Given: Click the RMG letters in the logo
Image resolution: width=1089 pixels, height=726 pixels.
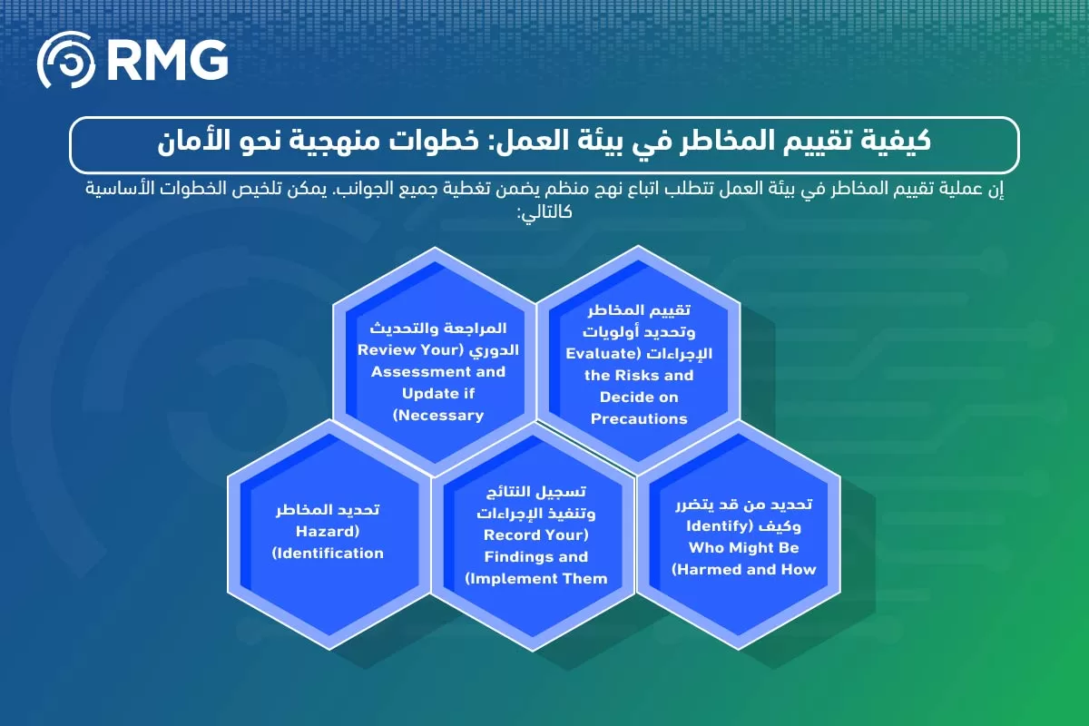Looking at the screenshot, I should point(167,61).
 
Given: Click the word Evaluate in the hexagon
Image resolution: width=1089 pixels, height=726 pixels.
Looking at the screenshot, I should point(599,352).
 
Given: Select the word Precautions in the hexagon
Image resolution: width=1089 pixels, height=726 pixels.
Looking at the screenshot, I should point(639,418).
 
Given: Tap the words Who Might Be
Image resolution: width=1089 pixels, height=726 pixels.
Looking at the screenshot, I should point(744,547).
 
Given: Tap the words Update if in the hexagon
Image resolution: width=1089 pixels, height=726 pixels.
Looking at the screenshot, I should point(438,393).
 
